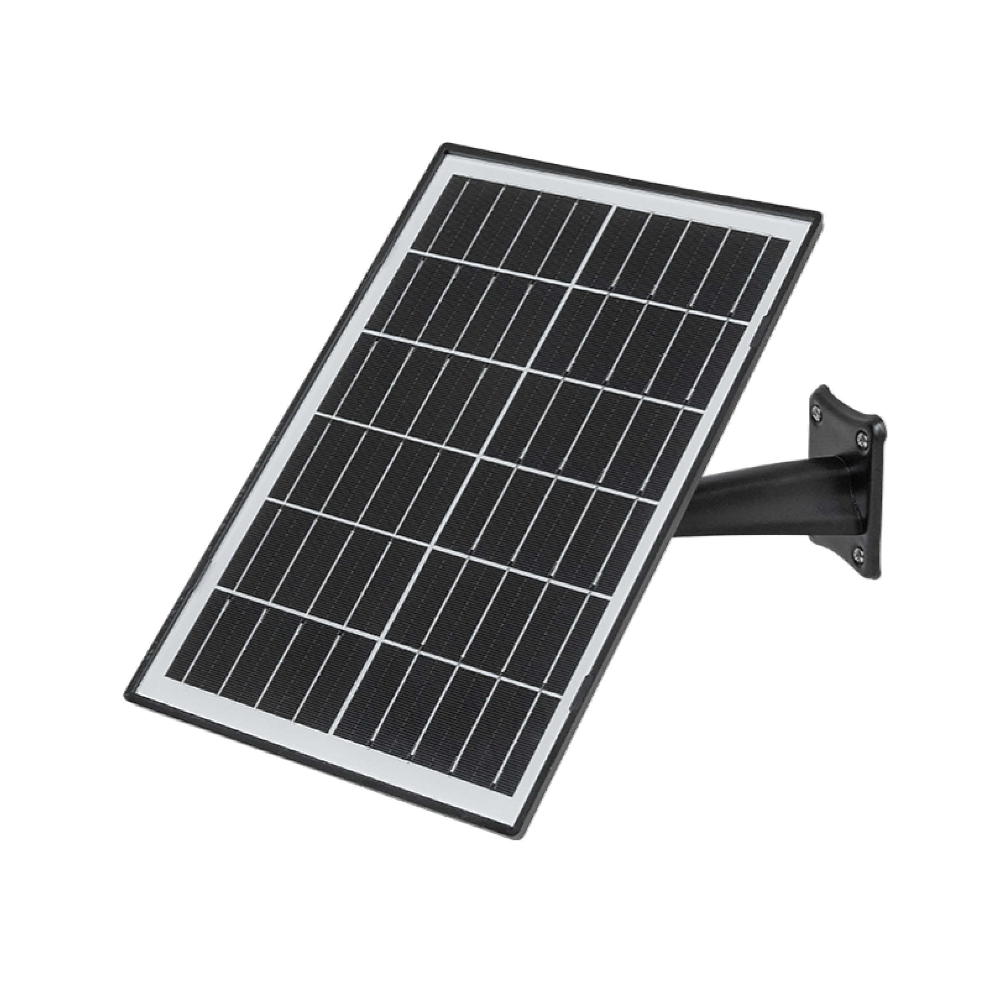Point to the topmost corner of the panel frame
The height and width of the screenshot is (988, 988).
pyautogui.click(x=444, y=145)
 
